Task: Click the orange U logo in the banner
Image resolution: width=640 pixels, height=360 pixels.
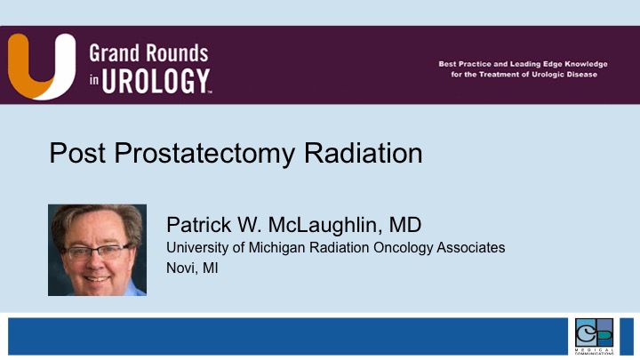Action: point(41,65)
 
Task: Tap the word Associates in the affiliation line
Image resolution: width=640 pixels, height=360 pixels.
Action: point(470,247)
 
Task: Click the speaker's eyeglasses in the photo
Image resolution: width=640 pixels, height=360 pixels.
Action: point(96,252)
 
